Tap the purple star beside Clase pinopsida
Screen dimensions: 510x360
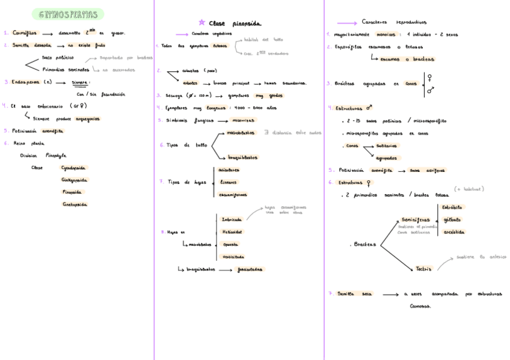(201, 23)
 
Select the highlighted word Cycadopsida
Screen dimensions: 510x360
(74, 168)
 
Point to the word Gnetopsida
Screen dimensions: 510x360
(75, 204)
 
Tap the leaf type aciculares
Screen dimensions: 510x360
(229, 170)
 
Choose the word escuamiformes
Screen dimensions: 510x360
(233, 194)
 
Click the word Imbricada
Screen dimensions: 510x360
(232, 219)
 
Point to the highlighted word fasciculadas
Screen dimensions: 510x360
(249, 269)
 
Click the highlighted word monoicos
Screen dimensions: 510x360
(386, 34)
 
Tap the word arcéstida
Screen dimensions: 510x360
(453, 232)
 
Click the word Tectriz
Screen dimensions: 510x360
(423, 269)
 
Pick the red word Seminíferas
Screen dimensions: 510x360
(416, 220)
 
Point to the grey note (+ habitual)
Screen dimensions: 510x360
(469, 189)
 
